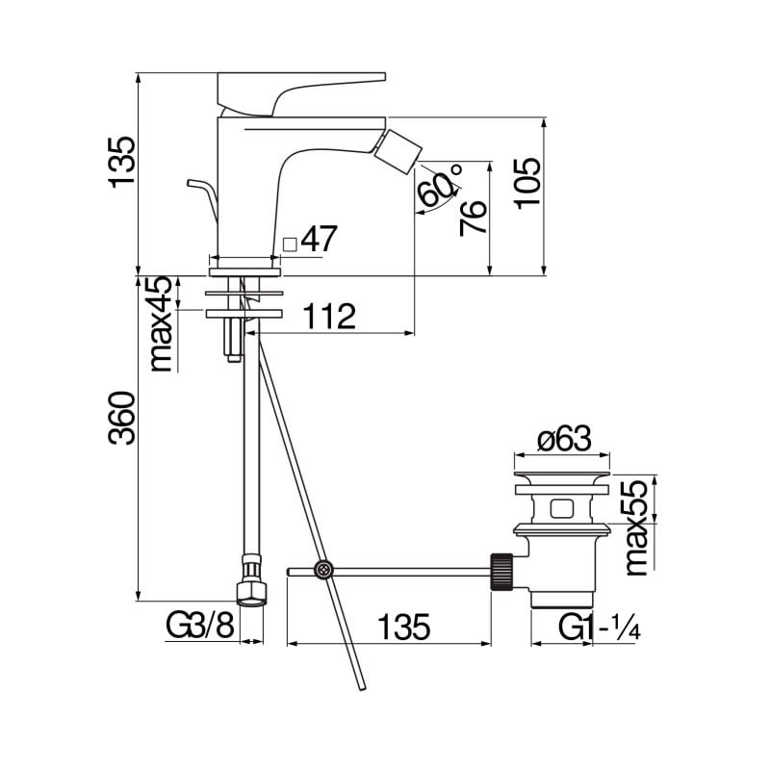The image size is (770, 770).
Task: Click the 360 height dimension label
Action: click(121, 418)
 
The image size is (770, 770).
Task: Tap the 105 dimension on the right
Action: click(528, 183)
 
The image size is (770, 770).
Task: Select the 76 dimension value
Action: click(474, 218)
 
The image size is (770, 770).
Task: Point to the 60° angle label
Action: click(440, 185)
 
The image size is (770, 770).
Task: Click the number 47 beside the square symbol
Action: click(320, 239)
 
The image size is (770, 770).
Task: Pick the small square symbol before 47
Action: click(291, 244)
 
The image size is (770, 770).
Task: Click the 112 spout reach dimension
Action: click(329, 317)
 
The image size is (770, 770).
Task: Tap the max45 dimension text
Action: click(161, 323)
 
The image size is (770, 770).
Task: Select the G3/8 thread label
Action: click(200, 626)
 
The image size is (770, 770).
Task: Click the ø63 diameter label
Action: click(564, 438)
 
